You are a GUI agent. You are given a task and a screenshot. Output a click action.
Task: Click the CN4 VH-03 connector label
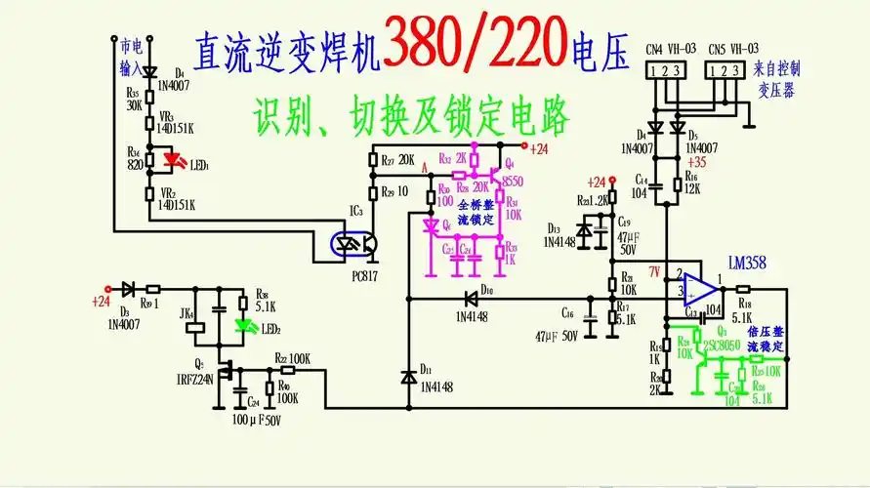click(669, 48)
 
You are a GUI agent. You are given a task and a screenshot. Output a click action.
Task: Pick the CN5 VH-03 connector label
click(733, 48)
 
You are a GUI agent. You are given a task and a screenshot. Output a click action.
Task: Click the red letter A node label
click(424, 169)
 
